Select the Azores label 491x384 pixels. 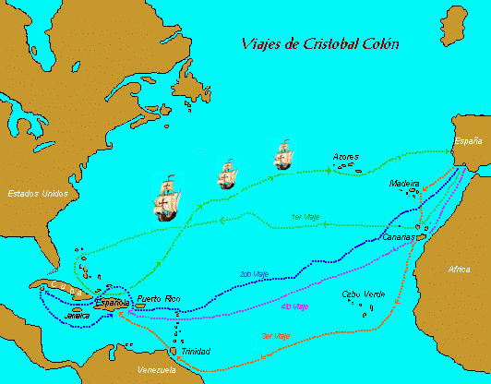pyautogui.click(x=346, y=158)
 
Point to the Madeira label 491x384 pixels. pyautogui.click(x=404, y=184)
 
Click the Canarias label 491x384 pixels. pyautogui.click(x=398, y=237)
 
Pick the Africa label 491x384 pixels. pyautogui.click(x=459, y=270)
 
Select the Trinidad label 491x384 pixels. pyautogui.click(x=196, y=352)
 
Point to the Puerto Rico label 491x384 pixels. pyautogui.click(x=156, y=299)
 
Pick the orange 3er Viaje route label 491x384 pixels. pyautogui.click(x=277, y=336)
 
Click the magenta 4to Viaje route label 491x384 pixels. pyautogui.click(x=293, y=306)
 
